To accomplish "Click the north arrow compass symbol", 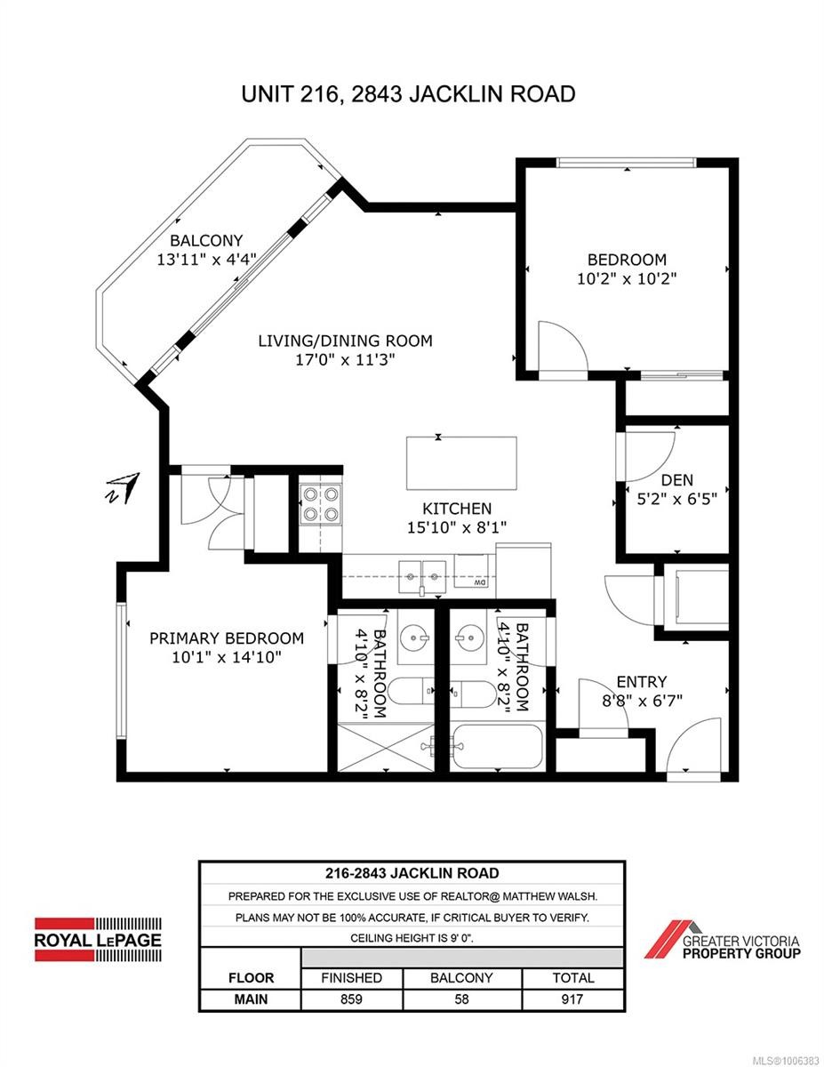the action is (124, 488).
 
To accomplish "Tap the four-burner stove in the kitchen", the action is (321, 503).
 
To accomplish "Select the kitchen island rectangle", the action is (461, 463).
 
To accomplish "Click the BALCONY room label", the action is (206, 241).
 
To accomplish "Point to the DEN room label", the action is (676, 480).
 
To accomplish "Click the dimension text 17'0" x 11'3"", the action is (345, 360).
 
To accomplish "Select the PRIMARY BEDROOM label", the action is (227, 638).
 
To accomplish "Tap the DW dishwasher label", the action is (479, 582).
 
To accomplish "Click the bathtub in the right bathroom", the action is (498, 747).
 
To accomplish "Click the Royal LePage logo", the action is (98, 939).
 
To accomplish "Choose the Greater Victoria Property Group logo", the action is (722, 941).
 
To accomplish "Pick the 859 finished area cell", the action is (351, 999).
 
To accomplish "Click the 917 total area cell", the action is (572, 999).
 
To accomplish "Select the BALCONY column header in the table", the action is (461, 977).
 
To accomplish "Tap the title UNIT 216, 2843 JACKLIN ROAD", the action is (408, 93).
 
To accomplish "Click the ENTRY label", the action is (642, 681).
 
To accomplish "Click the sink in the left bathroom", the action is (414, 638).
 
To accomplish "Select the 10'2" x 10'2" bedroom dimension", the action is (627, 279).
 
